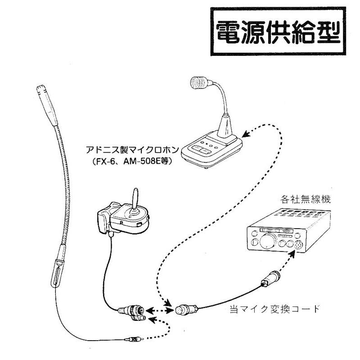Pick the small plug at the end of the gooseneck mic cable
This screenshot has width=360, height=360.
134,340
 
